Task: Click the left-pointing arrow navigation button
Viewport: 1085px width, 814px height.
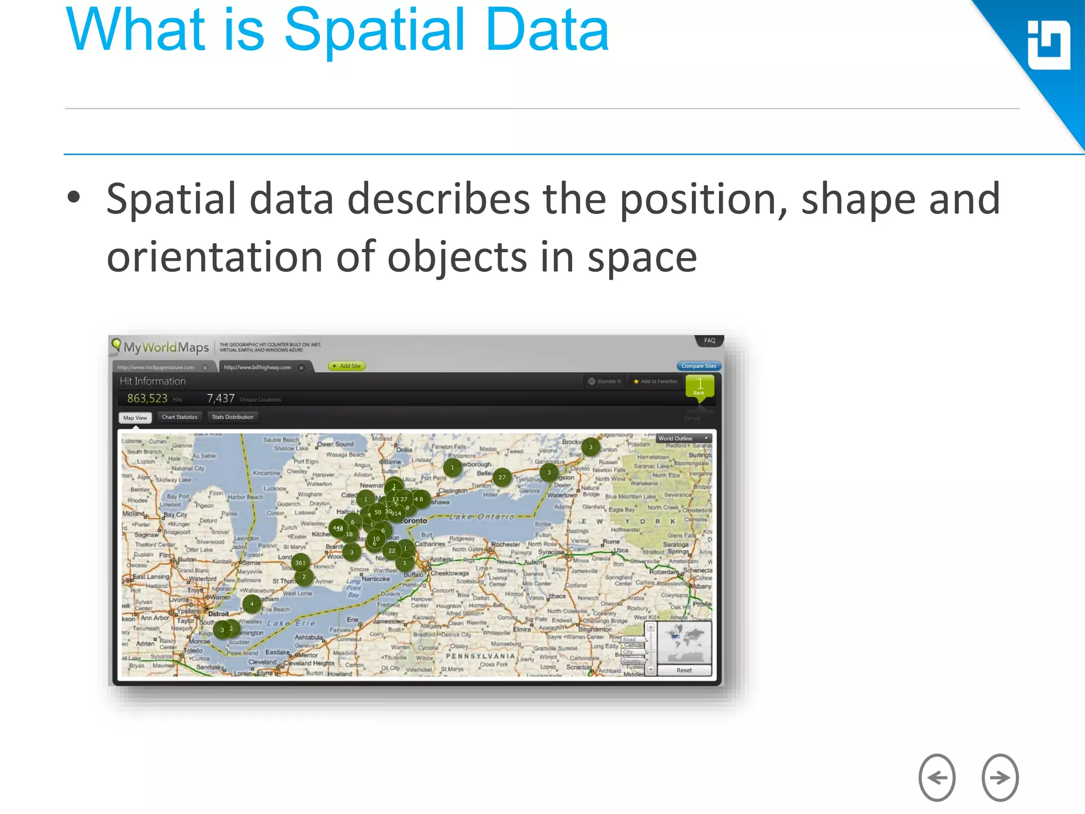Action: click(937, 777)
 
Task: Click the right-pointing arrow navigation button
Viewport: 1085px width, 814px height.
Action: click(1000, 777)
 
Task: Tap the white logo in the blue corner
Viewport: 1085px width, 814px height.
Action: click(1048, 45)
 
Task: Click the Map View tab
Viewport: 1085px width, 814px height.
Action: click(135, 418)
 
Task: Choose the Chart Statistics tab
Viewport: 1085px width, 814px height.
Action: click(180, 417)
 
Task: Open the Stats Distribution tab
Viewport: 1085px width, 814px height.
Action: click(233, 417)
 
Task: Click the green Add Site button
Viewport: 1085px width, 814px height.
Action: click(347, 366)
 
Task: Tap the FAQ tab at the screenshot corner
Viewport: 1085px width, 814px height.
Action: click(709, 341)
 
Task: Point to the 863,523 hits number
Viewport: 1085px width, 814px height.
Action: click(147, 399)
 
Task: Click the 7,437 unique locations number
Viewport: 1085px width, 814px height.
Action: click(220, 399)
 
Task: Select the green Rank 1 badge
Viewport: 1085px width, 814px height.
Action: click(699, 386)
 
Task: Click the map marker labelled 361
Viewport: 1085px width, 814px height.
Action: click(300, 563)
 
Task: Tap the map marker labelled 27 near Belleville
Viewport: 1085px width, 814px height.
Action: click(502, 477)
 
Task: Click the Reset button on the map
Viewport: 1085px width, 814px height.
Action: click(684, 670)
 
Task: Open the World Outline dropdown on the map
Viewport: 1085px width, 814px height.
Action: click(683, 438)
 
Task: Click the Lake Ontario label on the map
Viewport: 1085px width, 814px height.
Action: click(482, 516)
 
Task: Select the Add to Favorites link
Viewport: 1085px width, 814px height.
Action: click(655, 381)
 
